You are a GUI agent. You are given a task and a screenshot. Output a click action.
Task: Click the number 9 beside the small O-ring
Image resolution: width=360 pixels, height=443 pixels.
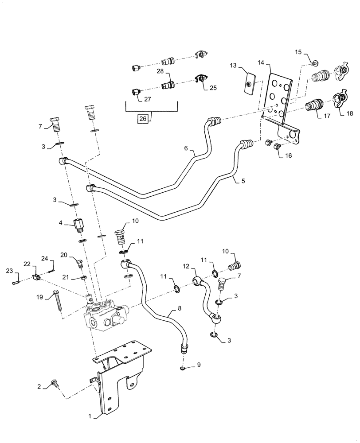coord(199,365)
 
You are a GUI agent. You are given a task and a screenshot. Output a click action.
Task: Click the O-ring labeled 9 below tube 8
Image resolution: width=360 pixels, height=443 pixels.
coord(183,368)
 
